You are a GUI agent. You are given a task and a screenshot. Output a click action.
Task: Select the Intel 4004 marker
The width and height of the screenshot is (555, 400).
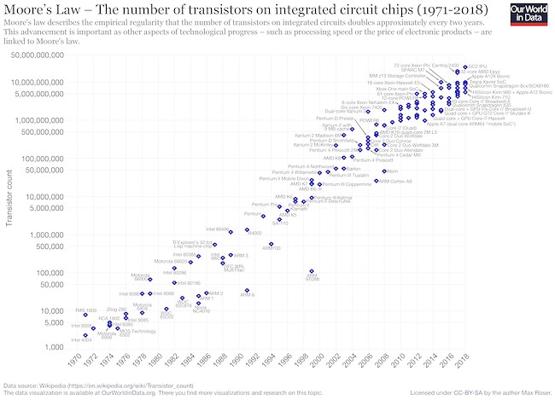click(85, 335)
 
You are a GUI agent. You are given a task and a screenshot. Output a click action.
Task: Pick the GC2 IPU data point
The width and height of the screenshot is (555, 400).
click(458, 66)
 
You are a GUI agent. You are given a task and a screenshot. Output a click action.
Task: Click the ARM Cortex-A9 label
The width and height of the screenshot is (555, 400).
click(395, 181)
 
